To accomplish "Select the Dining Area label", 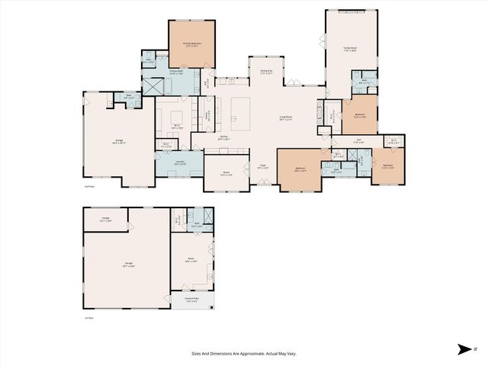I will tap(266, 72).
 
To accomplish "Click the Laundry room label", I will tap(178, 163).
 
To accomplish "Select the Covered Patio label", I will tap(181, 300).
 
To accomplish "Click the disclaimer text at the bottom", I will tap(243, 353).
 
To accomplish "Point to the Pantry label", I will tap(206, 116).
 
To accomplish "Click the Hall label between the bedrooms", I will tap(358, 140).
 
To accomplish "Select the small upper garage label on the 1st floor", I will tap(106, 219).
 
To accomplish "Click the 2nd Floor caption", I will tap(88, 185).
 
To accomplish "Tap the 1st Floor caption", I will tap(88, 317).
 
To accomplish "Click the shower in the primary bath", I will tap(153, 86).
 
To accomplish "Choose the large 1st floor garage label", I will tap(127, 265).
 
